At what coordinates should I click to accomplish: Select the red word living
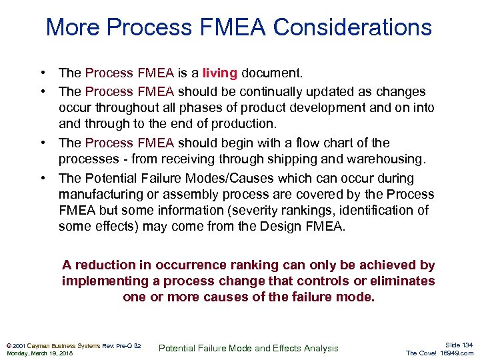(220, 73)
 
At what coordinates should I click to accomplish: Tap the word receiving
(188, 159)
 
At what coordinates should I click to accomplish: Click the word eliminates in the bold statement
(399, 281)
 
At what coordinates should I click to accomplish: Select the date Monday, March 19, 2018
(39, 353)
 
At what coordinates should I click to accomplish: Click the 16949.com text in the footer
(457, 353)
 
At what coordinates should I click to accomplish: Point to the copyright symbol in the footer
(8, 345)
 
